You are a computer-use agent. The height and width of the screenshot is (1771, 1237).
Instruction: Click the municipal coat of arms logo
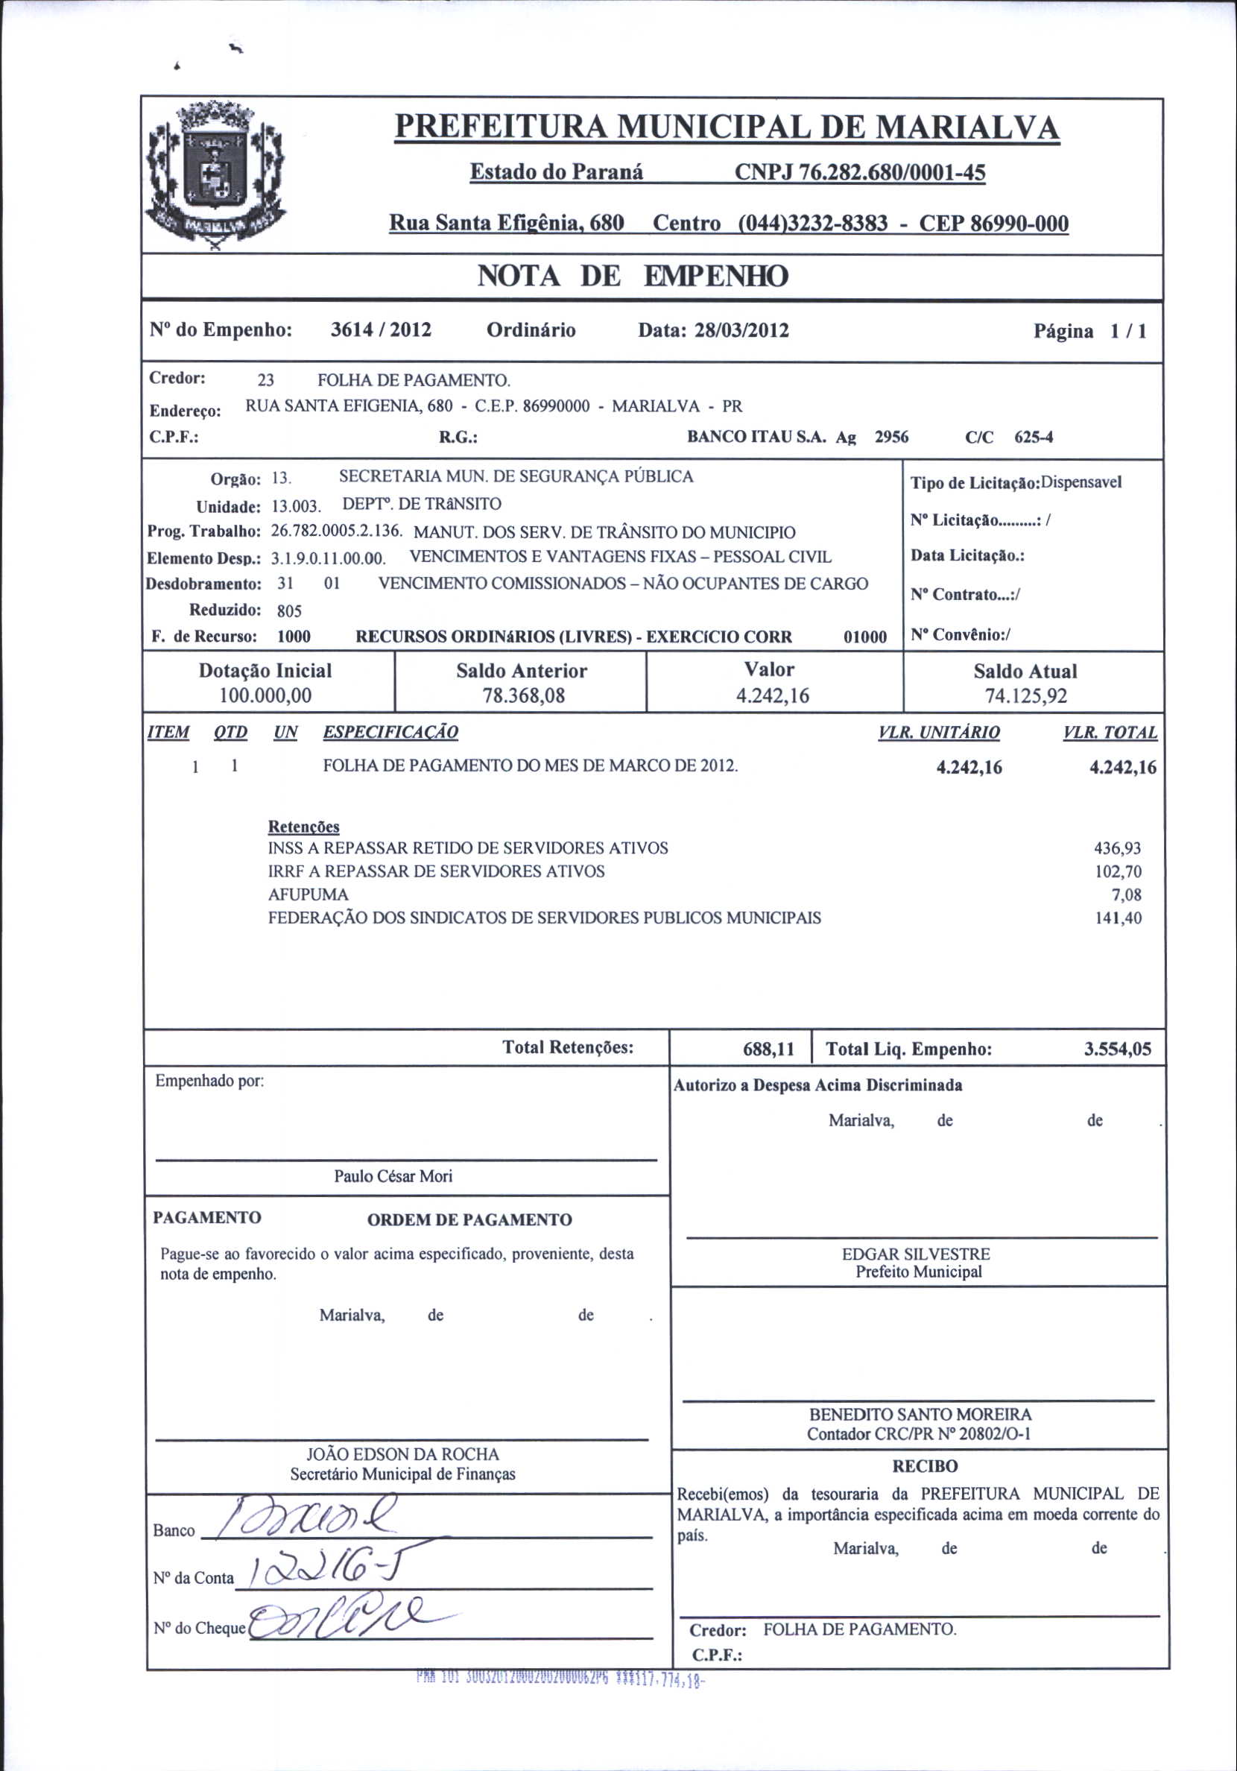215,177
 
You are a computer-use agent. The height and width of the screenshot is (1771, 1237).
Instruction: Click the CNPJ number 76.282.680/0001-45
860,172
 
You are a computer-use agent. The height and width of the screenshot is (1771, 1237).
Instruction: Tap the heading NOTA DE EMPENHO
633,276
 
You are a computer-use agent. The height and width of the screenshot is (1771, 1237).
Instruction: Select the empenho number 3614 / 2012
381,330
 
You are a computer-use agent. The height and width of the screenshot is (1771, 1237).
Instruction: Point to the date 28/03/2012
741,331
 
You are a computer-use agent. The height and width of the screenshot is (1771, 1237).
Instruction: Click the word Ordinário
531,330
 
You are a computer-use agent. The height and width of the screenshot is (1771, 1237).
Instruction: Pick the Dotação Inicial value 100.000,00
265,695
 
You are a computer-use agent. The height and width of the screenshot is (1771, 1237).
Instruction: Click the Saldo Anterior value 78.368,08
524,695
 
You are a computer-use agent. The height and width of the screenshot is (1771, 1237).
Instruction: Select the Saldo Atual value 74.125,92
1025,696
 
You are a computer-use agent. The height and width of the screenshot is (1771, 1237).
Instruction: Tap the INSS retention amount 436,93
1118,848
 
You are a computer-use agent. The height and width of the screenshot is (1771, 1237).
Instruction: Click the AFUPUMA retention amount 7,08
1126,894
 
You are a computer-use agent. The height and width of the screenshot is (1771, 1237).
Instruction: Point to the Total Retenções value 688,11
768,1049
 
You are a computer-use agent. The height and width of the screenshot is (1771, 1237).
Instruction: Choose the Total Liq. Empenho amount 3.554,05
1117,1049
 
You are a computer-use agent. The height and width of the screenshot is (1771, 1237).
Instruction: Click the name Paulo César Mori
393,1176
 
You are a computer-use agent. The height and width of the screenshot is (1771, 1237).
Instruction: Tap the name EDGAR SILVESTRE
916,1254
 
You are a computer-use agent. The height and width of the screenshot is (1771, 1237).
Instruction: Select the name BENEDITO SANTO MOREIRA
920,1415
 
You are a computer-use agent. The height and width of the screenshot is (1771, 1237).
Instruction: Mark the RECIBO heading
925,1466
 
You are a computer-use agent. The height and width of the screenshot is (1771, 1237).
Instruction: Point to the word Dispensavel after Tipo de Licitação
1081,483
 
